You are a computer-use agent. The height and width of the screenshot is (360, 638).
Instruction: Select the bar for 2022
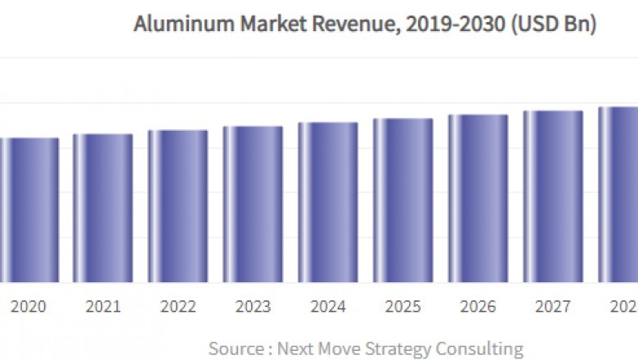coord(177,205)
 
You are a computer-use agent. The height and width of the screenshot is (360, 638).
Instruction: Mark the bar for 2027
coord(554,196)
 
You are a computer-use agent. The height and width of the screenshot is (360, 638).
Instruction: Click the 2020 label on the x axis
coord(28,307)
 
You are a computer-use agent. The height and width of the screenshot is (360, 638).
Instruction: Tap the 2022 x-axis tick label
coord(177,307)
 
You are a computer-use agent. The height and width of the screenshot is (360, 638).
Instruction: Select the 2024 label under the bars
coord(328,307)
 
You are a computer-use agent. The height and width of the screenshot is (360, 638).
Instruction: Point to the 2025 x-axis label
coord(403,307)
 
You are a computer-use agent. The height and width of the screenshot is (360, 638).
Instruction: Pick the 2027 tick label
coord(554,307)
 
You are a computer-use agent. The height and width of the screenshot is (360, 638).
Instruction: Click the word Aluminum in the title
coord(173,25)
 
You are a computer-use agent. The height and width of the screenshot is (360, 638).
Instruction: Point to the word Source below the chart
coord(236,349)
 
